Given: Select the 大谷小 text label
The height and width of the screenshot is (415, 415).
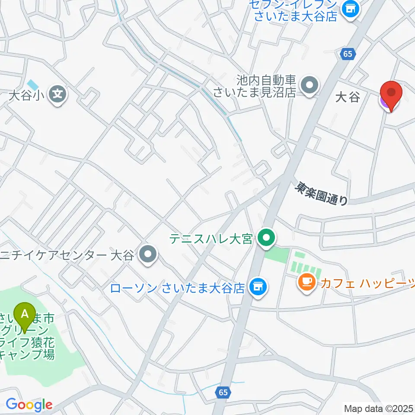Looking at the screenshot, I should (26, 95).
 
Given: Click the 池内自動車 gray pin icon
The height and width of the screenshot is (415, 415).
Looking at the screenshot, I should (309, 85).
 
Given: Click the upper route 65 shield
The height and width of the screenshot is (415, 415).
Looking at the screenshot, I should (347, 54).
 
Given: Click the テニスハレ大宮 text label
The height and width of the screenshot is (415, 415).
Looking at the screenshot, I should (211, 238).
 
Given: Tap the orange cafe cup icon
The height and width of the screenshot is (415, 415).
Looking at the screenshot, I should (307, 283).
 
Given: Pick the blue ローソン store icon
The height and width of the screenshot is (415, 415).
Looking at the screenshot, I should (258, 287).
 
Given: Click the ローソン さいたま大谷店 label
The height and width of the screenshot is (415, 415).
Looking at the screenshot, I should (178, 288).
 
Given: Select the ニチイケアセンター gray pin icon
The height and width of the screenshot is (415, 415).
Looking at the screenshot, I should (148, 255).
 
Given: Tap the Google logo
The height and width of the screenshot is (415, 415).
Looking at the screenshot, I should (29, 405).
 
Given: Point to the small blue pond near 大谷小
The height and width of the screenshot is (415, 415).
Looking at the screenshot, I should (32, 83).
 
